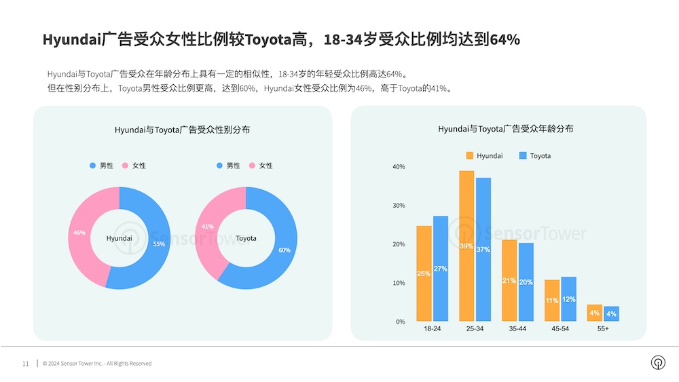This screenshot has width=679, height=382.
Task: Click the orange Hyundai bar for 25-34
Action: pyautogui.click(x=466, y=246)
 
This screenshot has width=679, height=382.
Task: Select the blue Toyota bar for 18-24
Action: pyautogui.click(x=441, y=269)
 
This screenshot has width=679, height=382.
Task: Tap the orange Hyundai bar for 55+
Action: pyautogui.click(x=594, y=313)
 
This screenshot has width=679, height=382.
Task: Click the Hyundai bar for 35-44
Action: pyautogui.click(x=509, y=280)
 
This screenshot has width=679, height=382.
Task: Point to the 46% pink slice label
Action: pyautogui.click(x=79, y=233)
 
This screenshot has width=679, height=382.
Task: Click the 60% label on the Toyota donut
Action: pyautogui.click(x=285, y=250)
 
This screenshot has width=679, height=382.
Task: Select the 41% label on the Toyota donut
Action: pyautogui.click(x=208, y=227)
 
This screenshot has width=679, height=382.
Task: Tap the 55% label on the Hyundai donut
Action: pyautogui.click(x=159, y=244)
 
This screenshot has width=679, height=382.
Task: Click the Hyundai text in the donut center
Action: pyautogui.click(x=120, y=239)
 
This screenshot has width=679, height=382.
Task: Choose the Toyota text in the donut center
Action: pyautogui.click(x=246, y=239)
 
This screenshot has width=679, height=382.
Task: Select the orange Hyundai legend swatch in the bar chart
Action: pyautogui.click(x=470, y=156)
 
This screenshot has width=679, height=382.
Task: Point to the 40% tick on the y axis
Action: pyautogui.click(x=399, y=167)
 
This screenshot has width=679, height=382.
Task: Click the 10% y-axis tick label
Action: pyautogui.click(x=399, y=283)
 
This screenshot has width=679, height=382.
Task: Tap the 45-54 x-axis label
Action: pyautogui.click(x=560, y=328)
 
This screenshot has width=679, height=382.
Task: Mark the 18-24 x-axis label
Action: pyautogui.click(x=433, y=328)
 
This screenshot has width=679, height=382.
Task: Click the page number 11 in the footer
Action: pyautogui.click(x=26, y=364)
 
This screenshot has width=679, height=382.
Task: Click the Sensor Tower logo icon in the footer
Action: pyautogui.click(x=657, y=363)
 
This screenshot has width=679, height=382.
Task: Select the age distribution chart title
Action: pyautogui.click(x=505, y=129)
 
